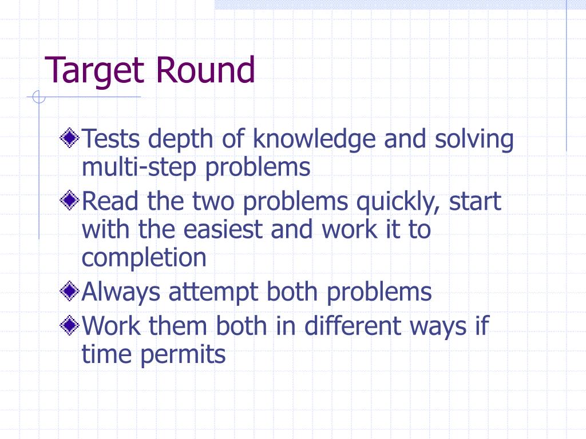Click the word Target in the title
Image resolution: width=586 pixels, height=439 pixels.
pyautogui.click(x=94, y=71)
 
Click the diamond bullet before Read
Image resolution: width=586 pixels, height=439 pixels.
pyautogui.click(x=70, y=201)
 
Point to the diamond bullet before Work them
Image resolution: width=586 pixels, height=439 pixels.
pyautogui.click(x=70, y=326)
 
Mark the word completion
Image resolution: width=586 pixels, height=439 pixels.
pyautogui.click(x=144, y=258)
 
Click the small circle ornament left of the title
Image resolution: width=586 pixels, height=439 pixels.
pyautogui.click(x=38, y=98)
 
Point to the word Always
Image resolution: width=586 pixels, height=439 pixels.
pyautogui.click(x=121, y=293)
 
